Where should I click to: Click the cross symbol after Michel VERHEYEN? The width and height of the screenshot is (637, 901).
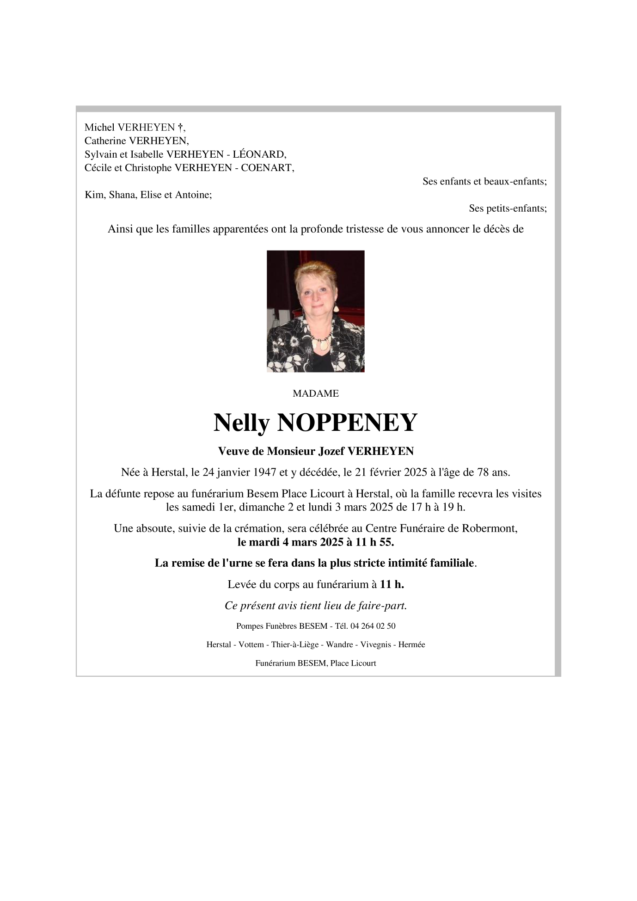pyautogui.click(x=180, y=128)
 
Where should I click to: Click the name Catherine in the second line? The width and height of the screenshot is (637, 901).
pyautogui.click(x=105, y=141)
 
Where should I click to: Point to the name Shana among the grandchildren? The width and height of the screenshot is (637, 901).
pyautogui.click(x=122, y=195)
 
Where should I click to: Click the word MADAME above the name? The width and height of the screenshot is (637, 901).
pyautogui.click(x=316, y=394)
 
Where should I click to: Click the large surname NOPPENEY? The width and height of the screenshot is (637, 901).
pyautogui.click(x=347, y=423)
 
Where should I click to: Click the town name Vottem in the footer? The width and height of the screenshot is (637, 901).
pyautogui.click(x=251, y=645)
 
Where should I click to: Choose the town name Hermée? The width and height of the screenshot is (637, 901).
pyautogui.click(x=411, y=645)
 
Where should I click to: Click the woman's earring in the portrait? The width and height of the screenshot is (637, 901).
pyautogui.click(x=337, y=308)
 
